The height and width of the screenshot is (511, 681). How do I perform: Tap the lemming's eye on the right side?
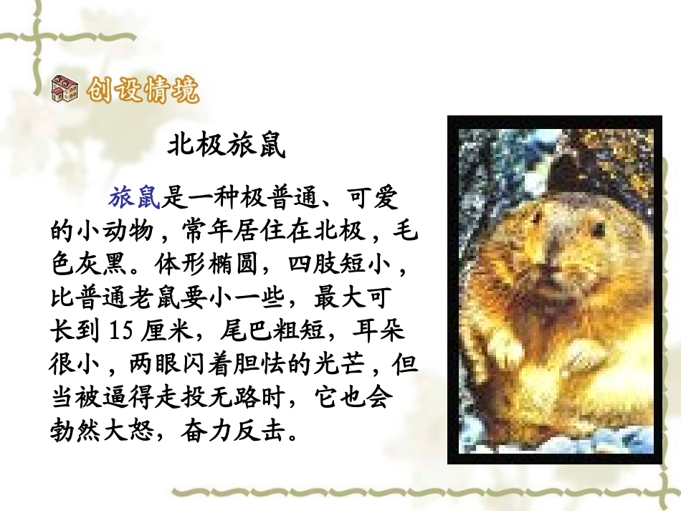tap(597, 231)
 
